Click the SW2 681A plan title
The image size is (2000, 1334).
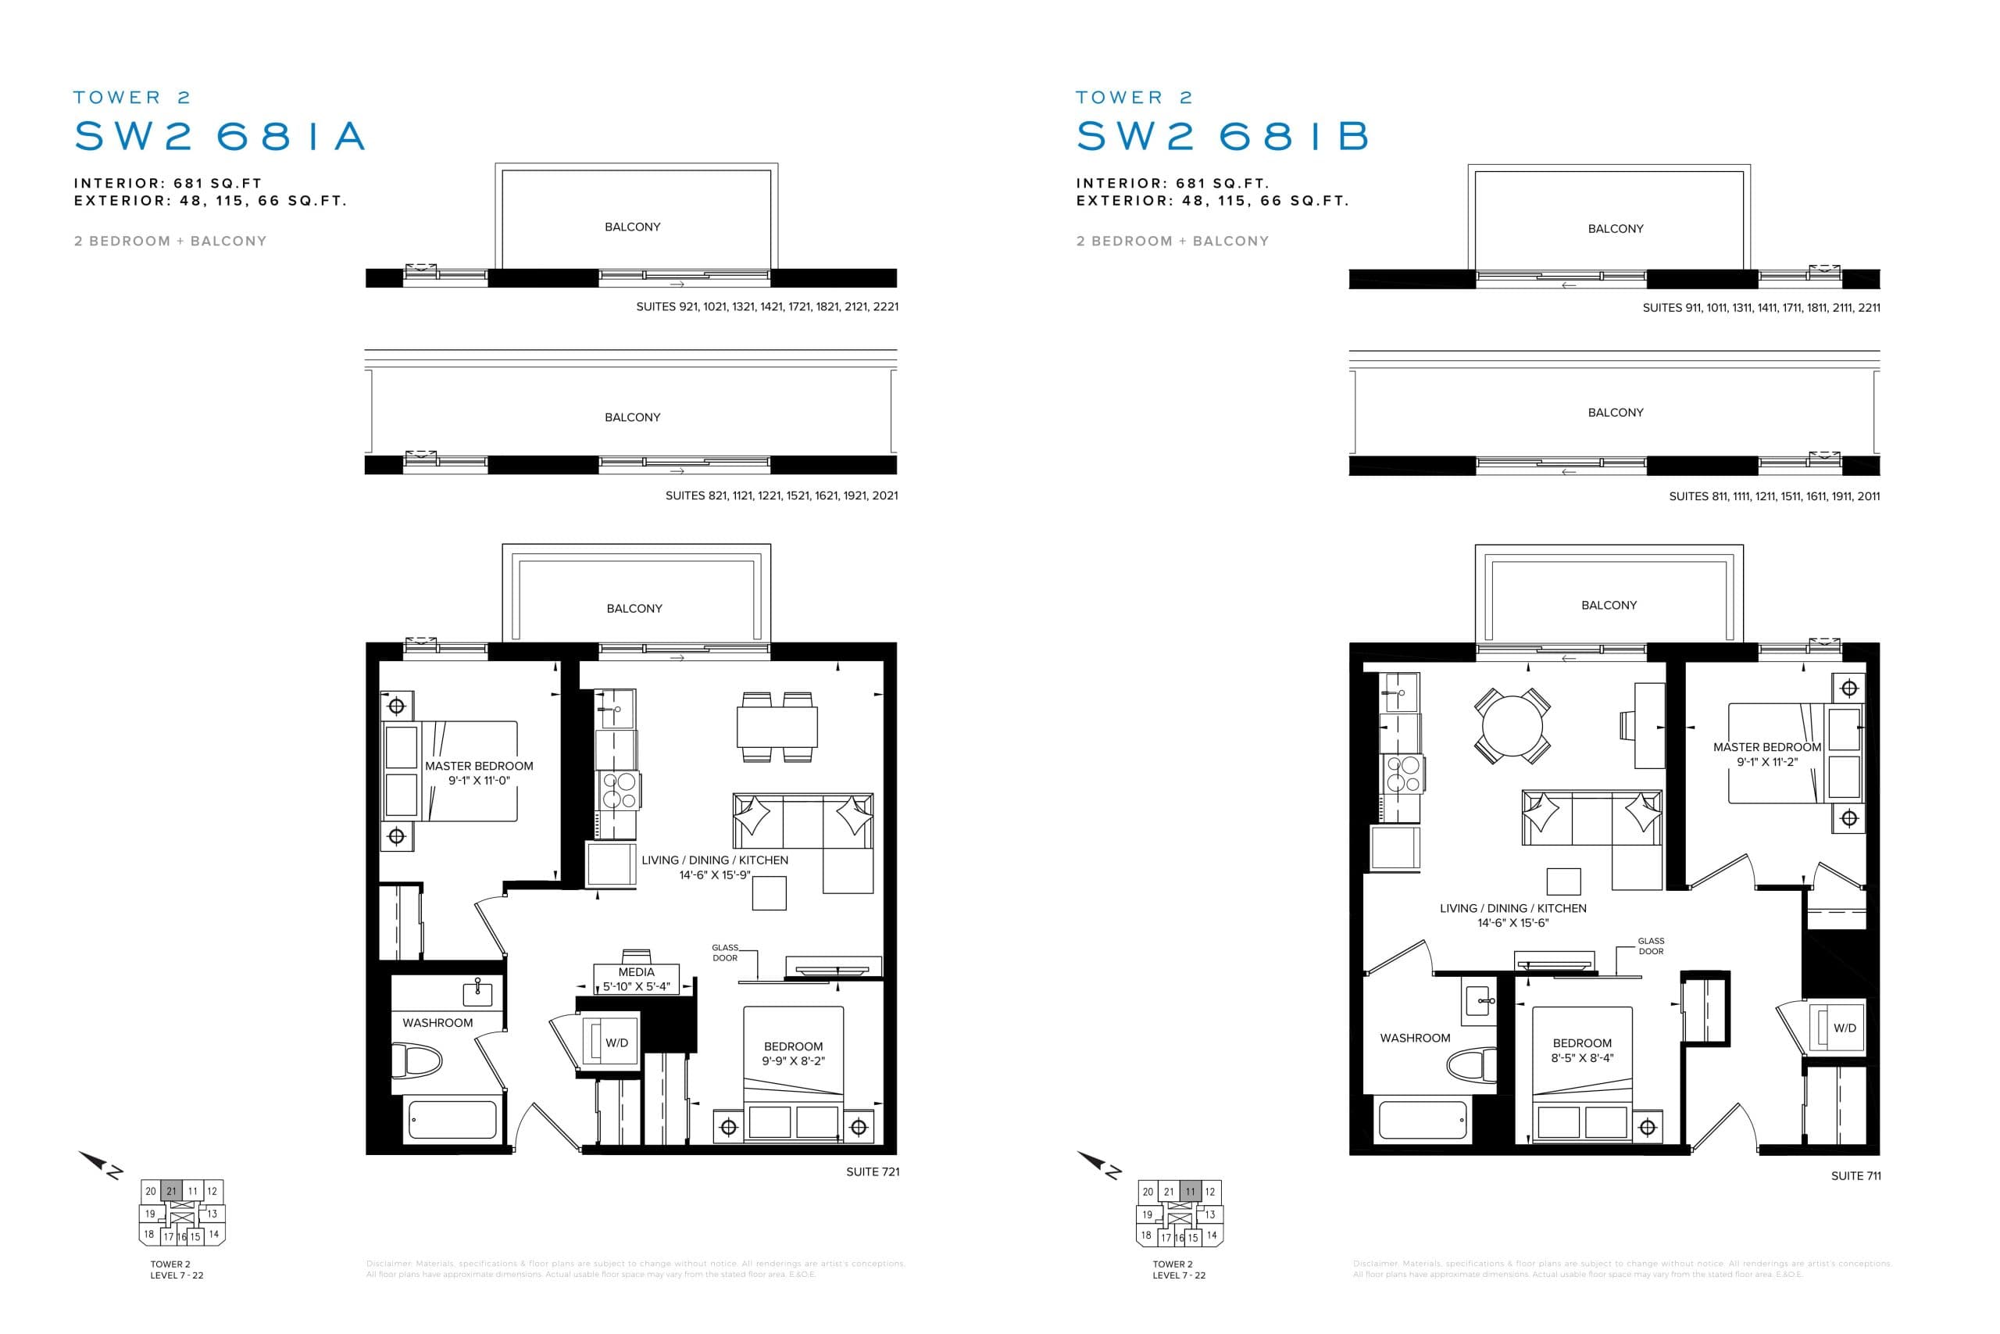click(x=220, y=136)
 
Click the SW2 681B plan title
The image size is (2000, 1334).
click(x=1222, y=136)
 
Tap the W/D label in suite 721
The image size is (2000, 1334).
click(x=616, y=1043)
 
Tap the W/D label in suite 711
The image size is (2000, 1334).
click(x=1845, y=1028)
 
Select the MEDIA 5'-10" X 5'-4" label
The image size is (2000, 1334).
click(x=636, y=979)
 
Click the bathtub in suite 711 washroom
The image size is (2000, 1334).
click(x=1423, y=1120)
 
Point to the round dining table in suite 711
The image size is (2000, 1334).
click(x=1512, y=726)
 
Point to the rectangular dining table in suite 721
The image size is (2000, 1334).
click(x=777, y=728)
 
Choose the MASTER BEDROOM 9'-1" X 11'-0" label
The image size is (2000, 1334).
click(x=479, y=772)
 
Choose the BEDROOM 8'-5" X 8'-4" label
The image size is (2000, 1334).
click(x=1581, y=1050)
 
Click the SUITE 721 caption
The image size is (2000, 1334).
click(x=873, y=1171)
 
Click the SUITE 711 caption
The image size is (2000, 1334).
click(x=1855, y=1176)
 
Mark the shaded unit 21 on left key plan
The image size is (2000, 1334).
click(x=171, y=1191)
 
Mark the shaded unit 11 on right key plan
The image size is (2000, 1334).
click(x=1190, y=1191)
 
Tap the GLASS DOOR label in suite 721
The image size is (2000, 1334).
click(x=725, y=952)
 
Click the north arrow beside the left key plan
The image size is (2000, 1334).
click(x=100, y=1164)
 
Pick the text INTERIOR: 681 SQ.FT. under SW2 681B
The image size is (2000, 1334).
click(x=1172, y=183)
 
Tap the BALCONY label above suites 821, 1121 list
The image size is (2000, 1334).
click(x=632, y=417)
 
